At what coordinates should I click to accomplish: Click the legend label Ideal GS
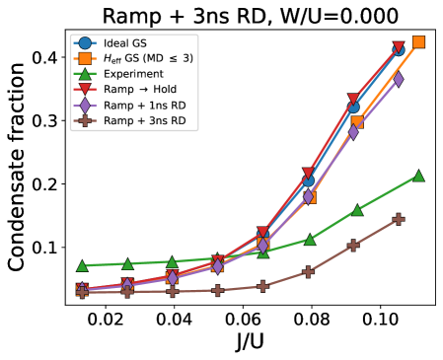(x=125, y=43)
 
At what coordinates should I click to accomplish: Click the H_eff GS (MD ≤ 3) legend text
(x=148, y=59)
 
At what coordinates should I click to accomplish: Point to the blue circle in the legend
(x=85, y=43)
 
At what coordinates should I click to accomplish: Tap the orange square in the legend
(x=85, y=59)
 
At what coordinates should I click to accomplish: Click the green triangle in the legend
(x=85, y=74)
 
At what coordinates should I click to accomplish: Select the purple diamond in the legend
(x=85, y=106)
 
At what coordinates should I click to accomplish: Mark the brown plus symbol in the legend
(x=85, y=121)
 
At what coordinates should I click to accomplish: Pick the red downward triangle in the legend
(x=85, y=90)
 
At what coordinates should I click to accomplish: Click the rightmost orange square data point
(x=418, y=41)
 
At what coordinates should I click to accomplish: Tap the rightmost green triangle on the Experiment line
(x=418, y=176)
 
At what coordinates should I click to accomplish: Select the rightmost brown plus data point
(x=399, y=219)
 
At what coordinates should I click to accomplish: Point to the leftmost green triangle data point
(x=82, y=265)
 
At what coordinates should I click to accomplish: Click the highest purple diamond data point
(x=399, y=80)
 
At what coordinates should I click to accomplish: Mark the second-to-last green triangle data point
(x=357, y=210)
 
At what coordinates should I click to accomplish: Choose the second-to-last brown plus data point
(x=353, y=245)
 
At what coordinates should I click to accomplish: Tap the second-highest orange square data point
(x=357, y=121)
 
